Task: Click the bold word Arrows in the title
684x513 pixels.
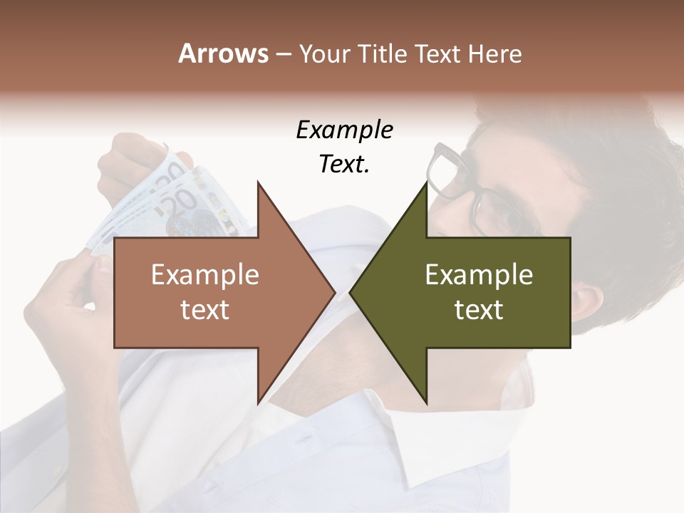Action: point(223,53)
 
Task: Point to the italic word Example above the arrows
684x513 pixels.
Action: point(344,130)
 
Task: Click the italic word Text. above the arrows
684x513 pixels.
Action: point(344,164)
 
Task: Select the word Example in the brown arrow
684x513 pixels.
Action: point(205,275)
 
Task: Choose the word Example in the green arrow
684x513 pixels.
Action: point(479,275)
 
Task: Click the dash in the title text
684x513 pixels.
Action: point(283,54)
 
